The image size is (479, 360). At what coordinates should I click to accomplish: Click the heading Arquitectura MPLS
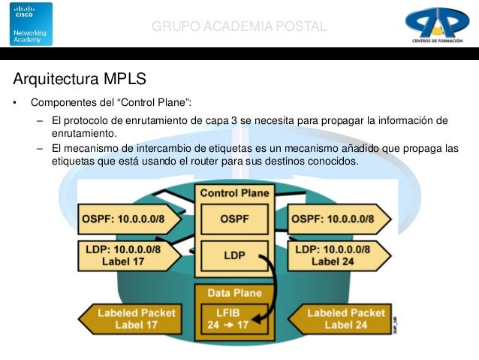(x=80, y=78)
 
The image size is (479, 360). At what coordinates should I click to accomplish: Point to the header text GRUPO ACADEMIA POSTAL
(x=239, y=27)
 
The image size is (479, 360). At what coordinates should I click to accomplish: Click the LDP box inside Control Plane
(x=234, y=256)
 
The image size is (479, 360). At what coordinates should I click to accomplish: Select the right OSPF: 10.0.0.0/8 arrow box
(x=338, y=218)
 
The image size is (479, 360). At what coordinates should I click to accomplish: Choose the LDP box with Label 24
(x=338, y=256)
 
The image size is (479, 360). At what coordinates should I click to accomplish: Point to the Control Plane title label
(x=234, y=193)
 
